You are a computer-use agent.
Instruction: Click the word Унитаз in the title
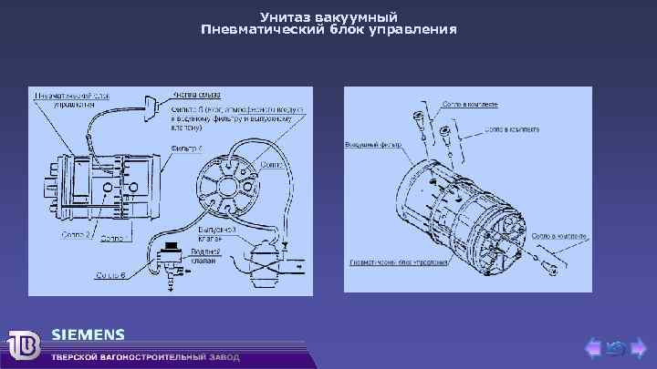(x=283, y=17)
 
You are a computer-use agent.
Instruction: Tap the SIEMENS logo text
(x=88, y=333)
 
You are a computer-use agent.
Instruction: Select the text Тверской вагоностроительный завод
(x=145, y=357)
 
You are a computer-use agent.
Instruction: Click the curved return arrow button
(x=615, y=346)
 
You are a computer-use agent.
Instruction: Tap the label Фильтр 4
(x=187, y=147)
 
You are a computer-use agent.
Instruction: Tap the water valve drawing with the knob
(x=170, y=259)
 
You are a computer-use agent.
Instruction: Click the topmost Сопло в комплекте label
(x=471, y=105)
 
